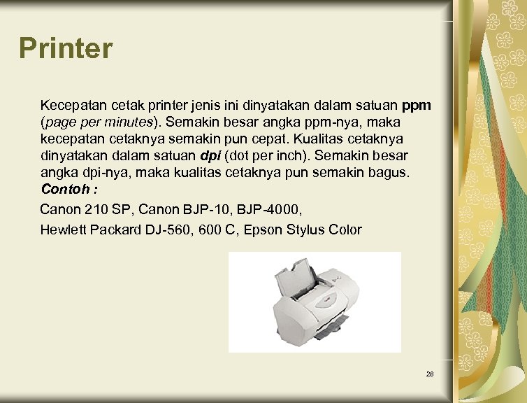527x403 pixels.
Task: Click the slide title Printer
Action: point(66,48)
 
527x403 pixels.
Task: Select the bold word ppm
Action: point(417,106)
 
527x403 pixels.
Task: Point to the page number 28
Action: point(430,374)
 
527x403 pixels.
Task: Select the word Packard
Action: point(115,229)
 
